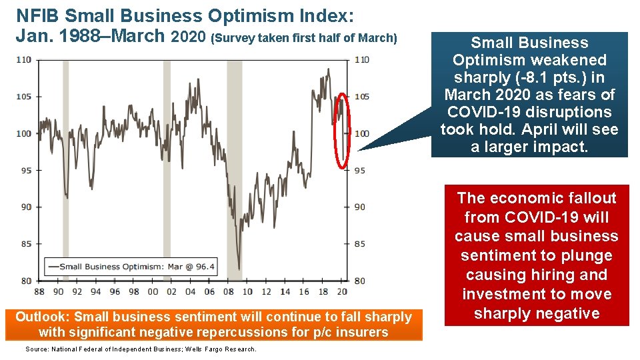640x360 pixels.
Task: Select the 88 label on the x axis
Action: [39, 291]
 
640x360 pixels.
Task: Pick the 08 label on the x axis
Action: [228, 291]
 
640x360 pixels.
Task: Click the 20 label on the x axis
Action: [342, 291]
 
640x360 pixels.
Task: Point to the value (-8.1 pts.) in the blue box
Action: [549, 77]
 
